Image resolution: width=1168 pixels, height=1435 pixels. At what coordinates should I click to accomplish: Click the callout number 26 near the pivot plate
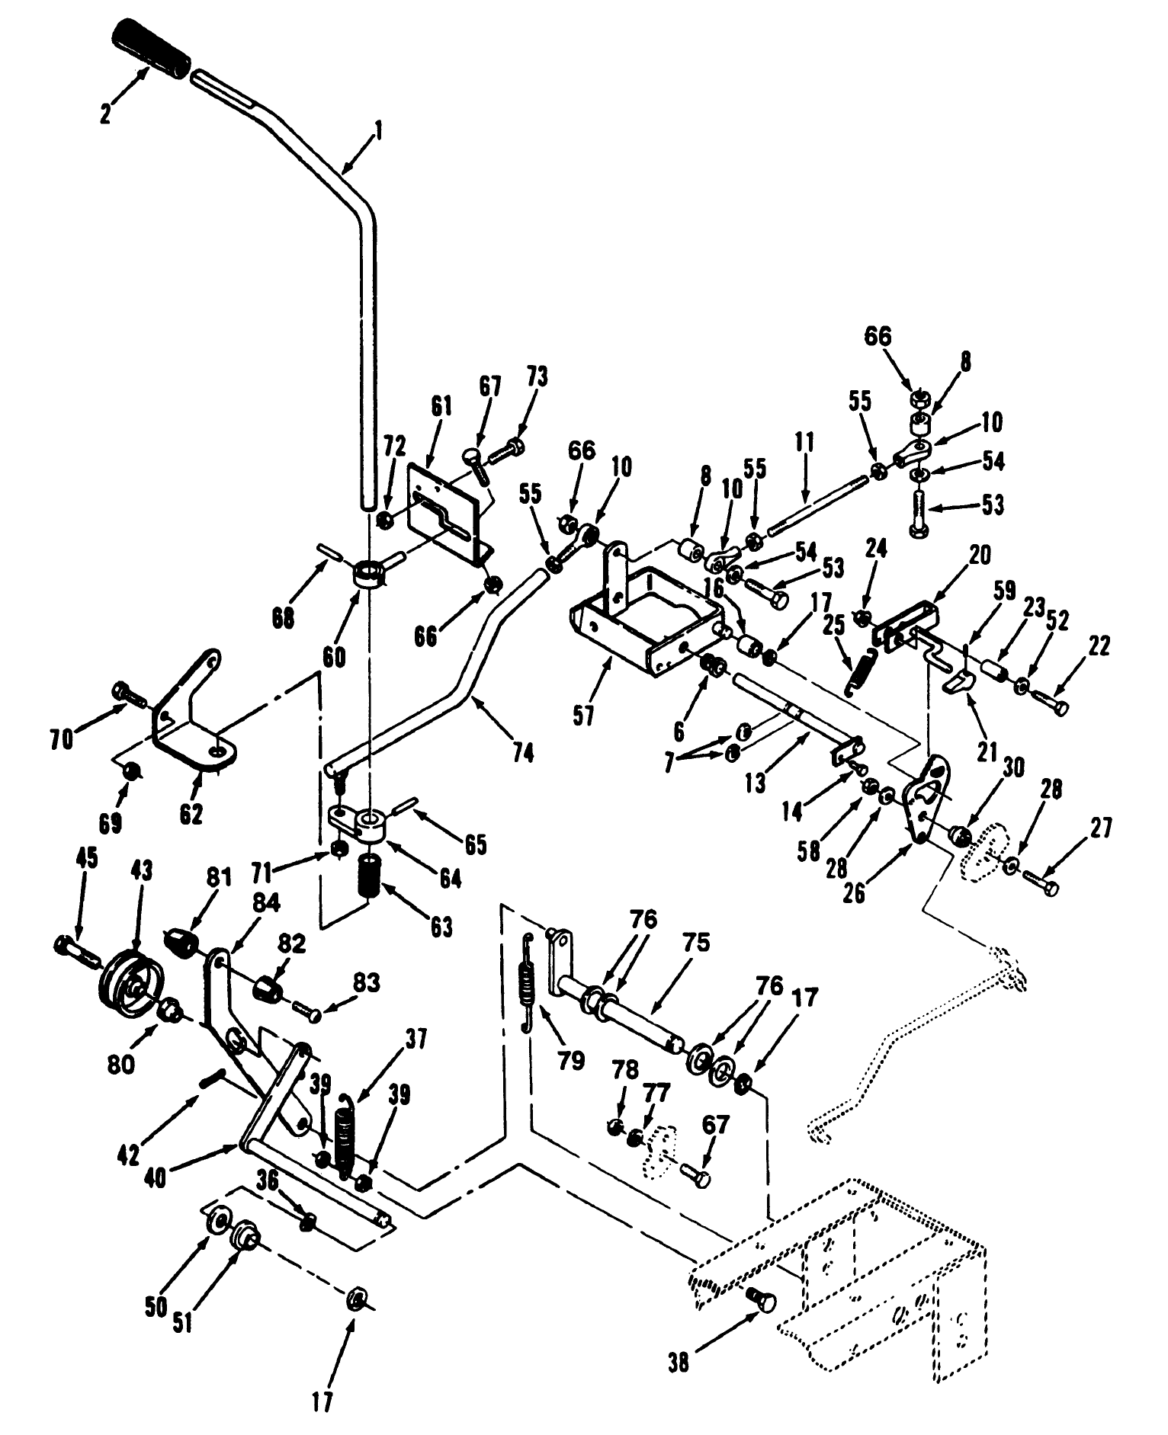click(855, 892)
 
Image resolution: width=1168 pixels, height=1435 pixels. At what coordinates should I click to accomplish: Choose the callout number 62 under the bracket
click(191, 813)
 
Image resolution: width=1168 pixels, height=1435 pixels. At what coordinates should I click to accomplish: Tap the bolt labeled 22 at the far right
click(1057, 705)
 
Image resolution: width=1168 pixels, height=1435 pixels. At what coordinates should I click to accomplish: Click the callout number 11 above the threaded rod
click(804, 442)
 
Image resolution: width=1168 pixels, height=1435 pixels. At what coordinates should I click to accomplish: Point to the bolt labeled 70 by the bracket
click(130, 692)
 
